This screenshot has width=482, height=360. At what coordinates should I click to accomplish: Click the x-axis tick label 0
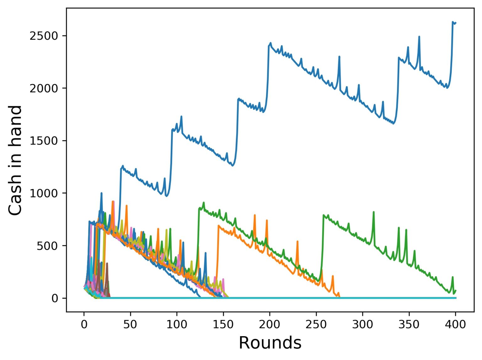point(84,325)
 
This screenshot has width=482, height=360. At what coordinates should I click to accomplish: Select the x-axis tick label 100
point(177,325)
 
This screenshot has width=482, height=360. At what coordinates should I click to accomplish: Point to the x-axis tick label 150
point(223,325)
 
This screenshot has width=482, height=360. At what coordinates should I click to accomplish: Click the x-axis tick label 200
point(270,325)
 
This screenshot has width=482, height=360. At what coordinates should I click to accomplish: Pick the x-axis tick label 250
point(316,325)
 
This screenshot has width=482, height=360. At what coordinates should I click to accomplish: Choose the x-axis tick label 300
point(362,325)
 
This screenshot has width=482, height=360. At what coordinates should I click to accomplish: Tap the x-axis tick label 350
point(409,325)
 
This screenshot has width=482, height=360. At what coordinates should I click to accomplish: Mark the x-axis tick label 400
point(455,325)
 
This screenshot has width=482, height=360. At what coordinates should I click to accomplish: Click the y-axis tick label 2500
point(44,36)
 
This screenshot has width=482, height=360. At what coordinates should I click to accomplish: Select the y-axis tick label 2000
point(44,88)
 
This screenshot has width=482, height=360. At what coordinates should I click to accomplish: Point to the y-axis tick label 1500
point(44,141)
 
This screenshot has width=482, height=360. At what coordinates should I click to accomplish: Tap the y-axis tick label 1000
point(44,193)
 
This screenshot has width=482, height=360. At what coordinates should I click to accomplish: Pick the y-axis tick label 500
point(47,246)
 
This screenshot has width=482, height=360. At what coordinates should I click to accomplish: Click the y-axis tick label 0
point(55,298)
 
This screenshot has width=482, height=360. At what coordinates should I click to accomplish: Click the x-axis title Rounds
point(270,343)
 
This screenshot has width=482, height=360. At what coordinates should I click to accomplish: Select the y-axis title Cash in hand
point(15,160)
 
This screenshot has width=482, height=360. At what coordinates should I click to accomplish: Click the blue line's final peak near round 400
point(453,22)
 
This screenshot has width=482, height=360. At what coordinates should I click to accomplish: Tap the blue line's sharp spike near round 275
point(339,56)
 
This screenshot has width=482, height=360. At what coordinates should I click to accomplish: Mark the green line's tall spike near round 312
point(373,212)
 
